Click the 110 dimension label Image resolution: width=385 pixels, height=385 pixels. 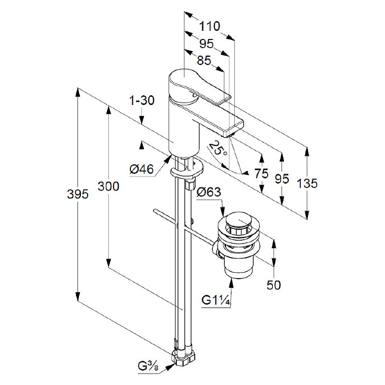coord(209,26)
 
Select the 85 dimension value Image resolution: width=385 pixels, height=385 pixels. coord(204,60)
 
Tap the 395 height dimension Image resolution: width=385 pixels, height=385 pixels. coord(77,194)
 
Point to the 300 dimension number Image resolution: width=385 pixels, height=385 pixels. coord(108,186)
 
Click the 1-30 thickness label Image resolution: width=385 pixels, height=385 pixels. coord(142,101)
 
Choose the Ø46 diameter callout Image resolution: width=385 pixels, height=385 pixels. coord(141,169)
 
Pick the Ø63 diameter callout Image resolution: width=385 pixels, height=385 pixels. coord(209,192)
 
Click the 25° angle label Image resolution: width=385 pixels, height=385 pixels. coord(218,148)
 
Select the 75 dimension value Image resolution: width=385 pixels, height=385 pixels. coord(261,174)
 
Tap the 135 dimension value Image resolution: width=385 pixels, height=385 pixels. coord(307,183)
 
